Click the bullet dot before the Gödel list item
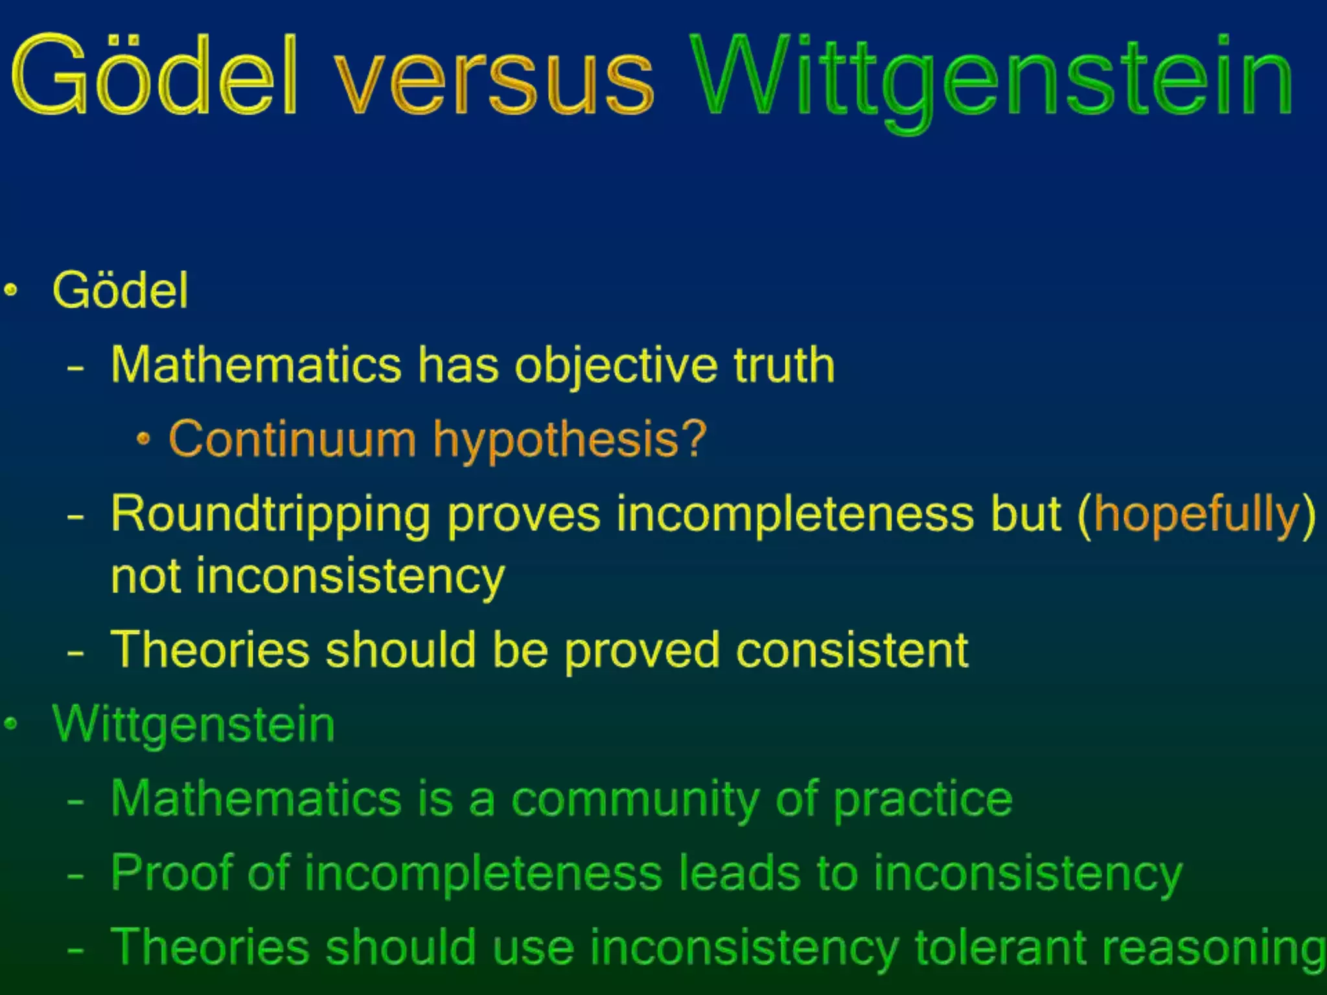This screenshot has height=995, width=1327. tap(10, 290)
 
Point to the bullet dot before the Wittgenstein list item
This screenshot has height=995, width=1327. tap(10, 723)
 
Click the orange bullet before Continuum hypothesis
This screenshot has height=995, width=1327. tap(144, 440)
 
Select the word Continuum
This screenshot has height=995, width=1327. tap(292, 439)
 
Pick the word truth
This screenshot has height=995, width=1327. tap(784, 365)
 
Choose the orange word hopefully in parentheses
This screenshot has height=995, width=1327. tap(1195, 514)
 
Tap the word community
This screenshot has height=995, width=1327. tap(635, 800)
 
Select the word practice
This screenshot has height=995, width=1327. tap(923, 800)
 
